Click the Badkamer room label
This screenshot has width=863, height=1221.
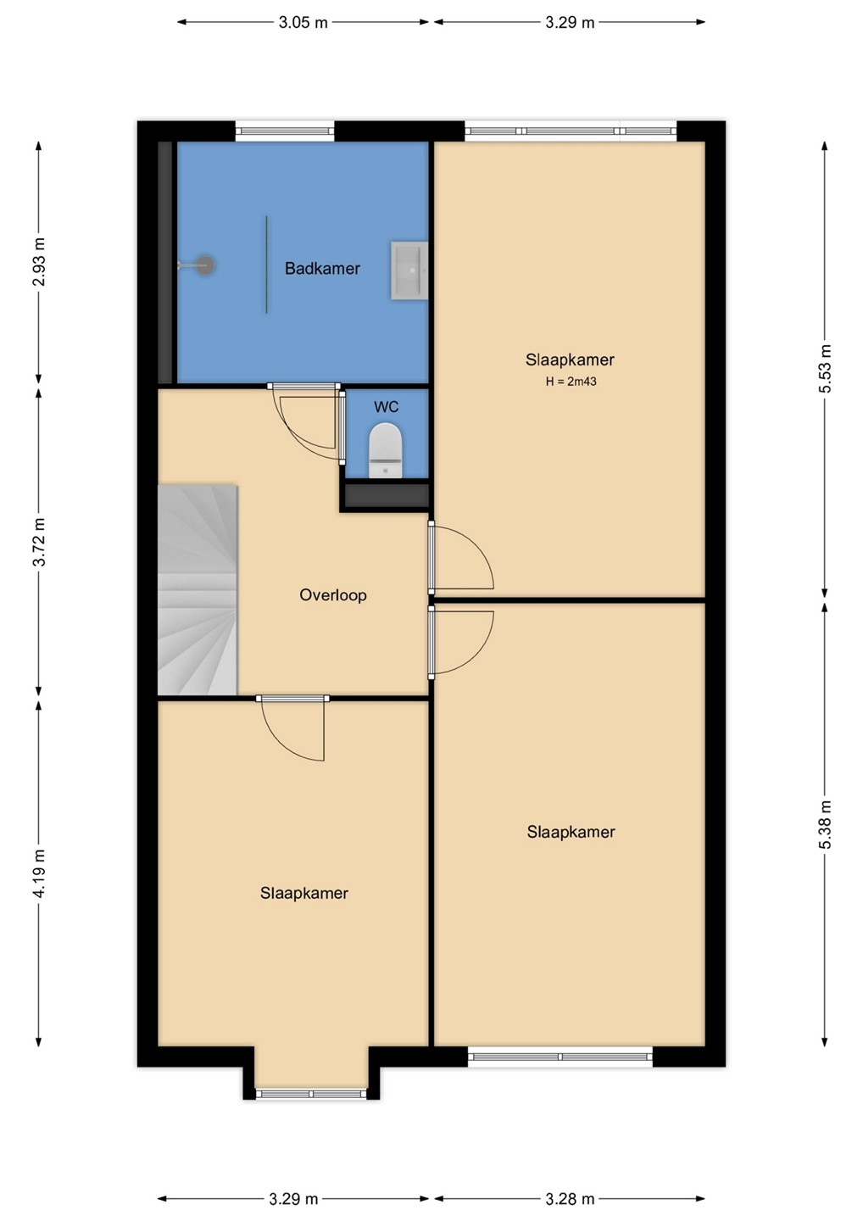pyautogui.click(x=322, y=268)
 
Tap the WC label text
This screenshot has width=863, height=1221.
pyautogui.click(x=386, y=407)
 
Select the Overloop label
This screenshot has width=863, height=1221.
pyautogui.click(x=333, y=594)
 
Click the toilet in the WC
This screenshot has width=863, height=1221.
pyautogui.click(x=386, y=450)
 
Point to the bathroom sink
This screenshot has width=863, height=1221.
pyautogui.click(x=409, y=271)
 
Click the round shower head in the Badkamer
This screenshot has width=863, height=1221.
pyautogui.click(x=205, y=265)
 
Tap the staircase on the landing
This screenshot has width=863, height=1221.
pyautogui.click(x=198, y=590)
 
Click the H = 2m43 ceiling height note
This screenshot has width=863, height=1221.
pyautogui.click(x=571, y=382)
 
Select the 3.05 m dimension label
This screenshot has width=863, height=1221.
pyautogui.click(x=303, y=22)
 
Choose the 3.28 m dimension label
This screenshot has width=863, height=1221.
pyautogui.click(x=570, y=1199)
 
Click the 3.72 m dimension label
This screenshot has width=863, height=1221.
pyautogui.click(x=39, y=542)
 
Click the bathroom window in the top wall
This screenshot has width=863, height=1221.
pyautogui.click(x=284, y=131)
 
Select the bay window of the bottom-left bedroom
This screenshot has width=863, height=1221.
pyautogui.click(x=311, y=1094)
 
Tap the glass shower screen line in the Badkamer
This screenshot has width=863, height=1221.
pyautogui.click(x=266, y=265)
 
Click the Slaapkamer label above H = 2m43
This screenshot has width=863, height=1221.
pyautogui.click(x=570, y=360)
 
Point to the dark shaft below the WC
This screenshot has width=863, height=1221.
pyautogui.click(x=386, y=495)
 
